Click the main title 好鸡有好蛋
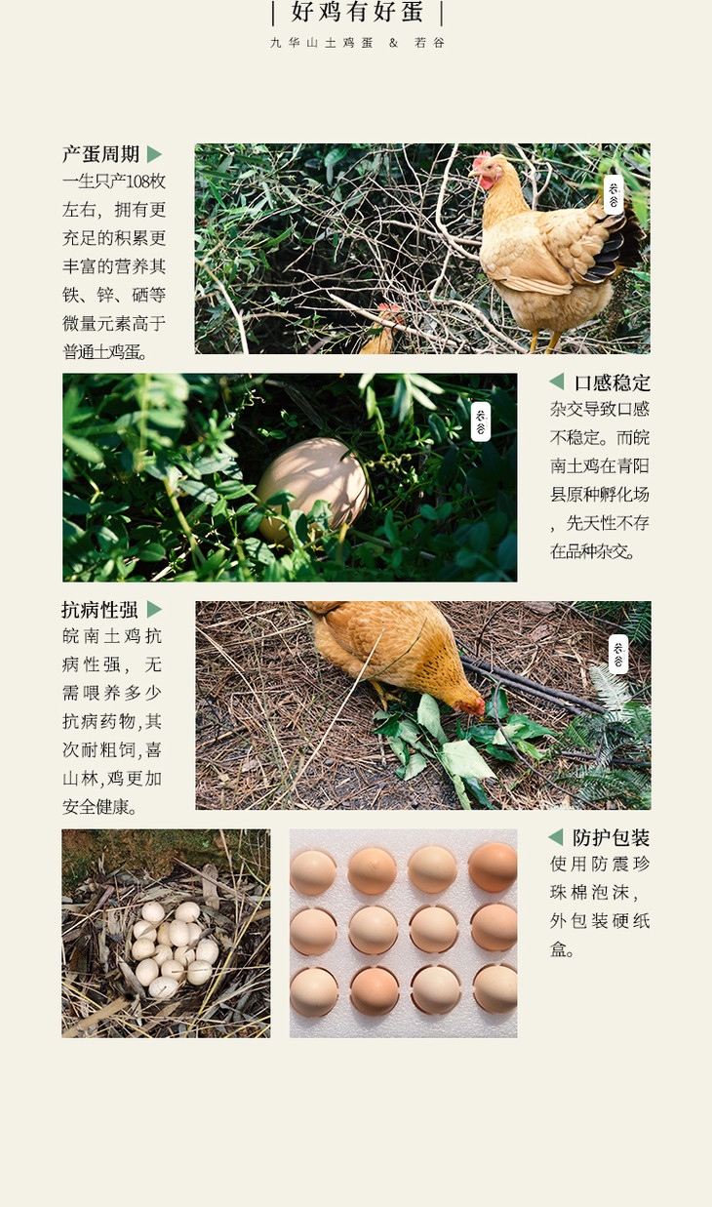(357, 12)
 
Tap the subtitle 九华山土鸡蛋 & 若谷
(357, 43)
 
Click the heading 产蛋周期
(100, 154)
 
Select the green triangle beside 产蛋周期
(154, 154)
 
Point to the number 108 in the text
(138, 181)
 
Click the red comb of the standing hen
(481, 159)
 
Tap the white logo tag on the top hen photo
(613, 194)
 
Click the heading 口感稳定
(613, 382)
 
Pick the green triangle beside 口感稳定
(556, 382)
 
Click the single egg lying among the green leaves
(312, 488)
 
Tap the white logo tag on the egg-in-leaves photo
(481, 422)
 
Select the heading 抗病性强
(99, 610)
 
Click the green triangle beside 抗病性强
(154, 610)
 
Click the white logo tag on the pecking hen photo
(618, 654)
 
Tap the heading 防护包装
(612, 838)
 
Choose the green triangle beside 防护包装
(555, 837)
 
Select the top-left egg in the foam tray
(313, 872)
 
